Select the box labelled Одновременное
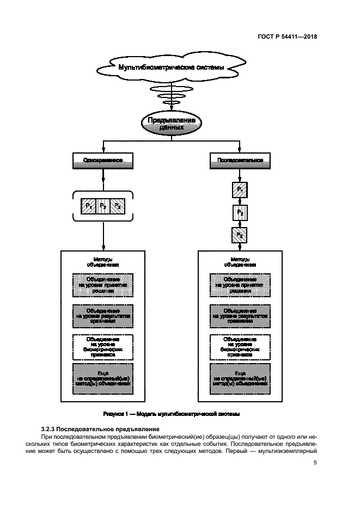102,161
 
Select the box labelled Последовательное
240,161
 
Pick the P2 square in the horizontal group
102,206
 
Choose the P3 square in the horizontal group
117,206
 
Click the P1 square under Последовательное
240,189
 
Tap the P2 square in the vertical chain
240,212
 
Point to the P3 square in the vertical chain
240,235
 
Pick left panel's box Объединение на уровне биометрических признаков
102,346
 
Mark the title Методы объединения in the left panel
102,262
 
